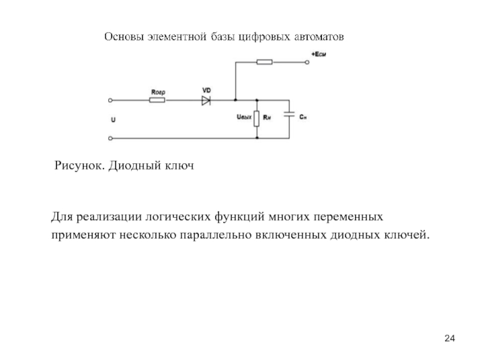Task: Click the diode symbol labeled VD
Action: [206, 100]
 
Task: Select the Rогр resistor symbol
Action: [157, 100]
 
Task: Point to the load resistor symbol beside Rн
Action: [258, 118]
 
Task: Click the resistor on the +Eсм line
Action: [264, 61]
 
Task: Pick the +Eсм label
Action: [321, 54]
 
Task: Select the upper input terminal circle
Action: [110, 100]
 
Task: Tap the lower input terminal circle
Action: [110, 138]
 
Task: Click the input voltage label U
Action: [113, 120]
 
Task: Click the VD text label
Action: [206, 90]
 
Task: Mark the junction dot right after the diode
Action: [235, 100]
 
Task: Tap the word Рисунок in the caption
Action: [79, 165]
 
